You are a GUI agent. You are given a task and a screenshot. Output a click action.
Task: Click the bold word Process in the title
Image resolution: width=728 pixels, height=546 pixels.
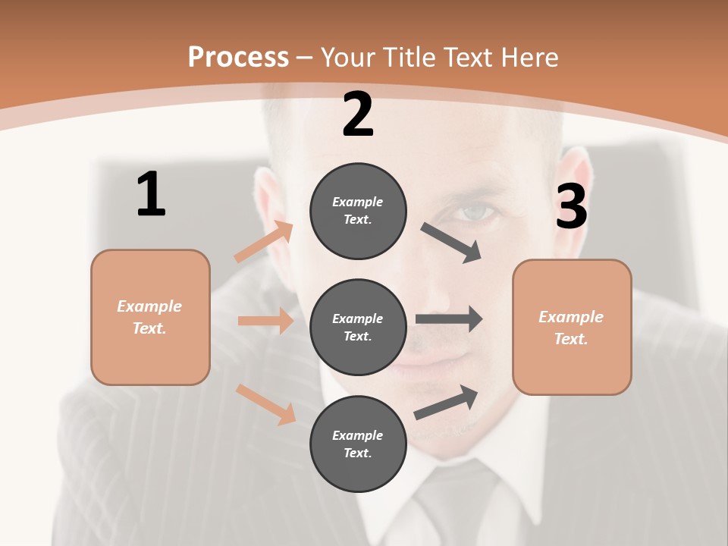click(x=238, y=57)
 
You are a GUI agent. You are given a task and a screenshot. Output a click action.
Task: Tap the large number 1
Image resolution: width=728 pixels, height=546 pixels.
click(x=151, y=194)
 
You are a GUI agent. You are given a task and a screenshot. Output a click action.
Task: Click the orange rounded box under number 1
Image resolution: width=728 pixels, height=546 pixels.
click(x=150, y=317)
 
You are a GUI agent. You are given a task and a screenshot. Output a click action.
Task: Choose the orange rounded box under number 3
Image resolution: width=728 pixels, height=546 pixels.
click(x=572, y=328)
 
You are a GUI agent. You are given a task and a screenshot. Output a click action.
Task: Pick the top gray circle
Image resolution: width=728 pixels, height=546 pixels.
click(x=358, y=211)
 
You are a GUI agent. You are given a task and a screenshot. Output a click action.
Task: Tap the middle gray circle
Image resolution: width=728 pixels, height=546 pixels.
click(x=358, y=328)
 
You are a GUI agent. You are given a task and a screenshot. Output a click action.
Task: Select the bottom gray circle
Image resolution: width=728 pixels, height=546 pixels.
click(x=358, y=444)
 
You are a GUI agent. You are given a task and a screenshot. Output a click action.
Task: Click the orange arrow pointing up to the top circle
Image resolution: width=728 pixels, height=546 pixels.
click(x=264, y=242)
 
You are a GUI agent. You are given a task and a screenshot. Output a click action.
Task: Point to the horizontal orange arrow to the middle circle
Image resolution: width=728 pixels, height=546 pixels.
click(x=265, y=321)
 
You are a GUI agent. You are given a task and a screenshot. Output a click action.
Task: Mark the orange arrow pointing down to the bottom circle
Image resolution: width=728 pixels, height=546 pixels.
click(x=265, y=403)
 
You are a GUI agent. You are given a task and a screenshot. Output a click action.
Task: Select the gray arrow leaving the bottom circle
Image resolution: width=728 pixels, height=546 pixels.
click(x=446, y=402)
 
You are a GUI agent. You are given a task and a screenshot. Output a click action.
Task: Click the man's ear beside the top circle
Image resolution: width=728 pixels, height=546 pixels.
click(x=268, y=197)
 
